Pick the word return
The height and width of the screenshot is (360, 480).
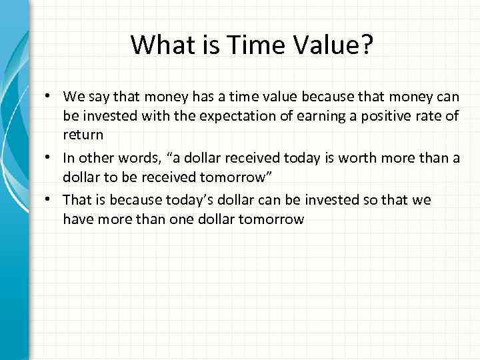tap(83, 135)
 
